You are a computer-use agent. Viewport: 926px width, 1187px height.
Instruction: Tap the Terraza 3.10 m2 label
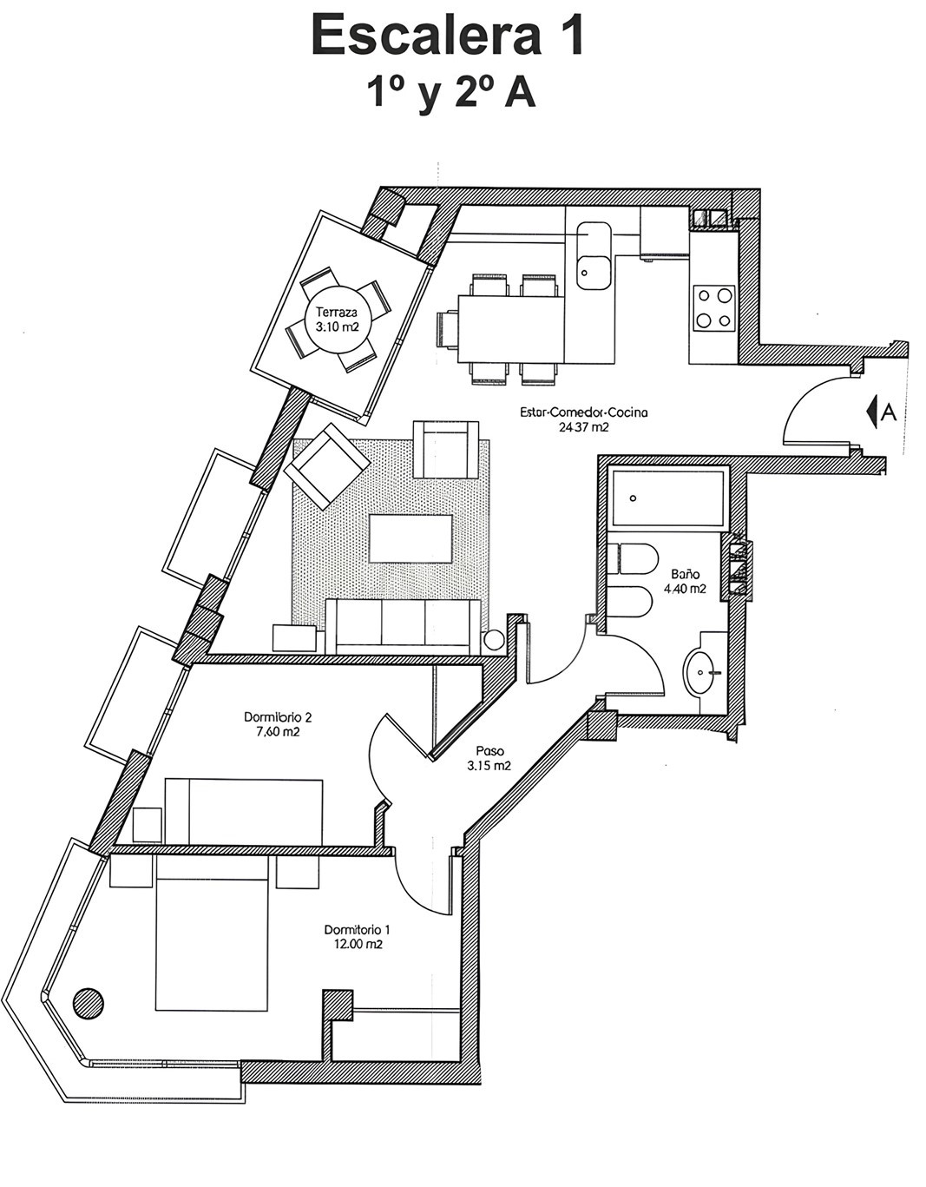pyautogui.click(x=337, y=320)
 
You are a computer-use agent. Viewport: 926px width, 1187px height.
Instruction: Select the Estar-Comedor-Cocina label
pyautogui.click(x=584, y=412)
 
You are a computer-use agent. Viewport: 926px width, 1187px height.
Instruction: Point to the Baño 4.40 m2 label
pyautogui.click(x=685, y=582)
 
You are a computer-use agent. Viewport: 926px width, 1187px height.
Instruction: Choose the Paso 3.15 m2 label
pyautogui.click(x=489, y=759)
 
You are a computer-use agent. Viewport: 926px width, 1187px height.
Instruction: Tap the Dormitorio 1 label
pyautogui.click(x=357, y=929)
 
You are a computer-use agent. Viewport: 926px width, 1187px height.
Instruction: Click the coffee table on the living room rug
pyautogui.click(x=410, y=539)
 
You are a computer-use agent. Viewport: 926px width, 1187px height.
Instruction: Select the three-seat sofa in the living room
pyautogui.click(x=403, y=627)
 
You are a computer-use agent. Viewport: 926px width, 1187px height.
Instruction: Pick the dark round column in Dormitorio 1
pyautogui.click(x=88, y=1002)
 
